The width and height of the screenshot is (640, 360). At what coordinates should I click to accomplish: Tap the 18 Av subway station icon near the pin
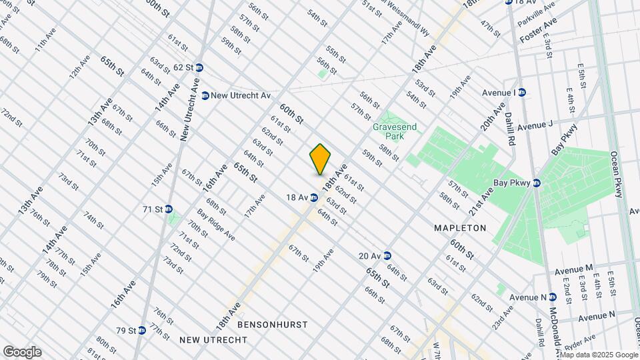[x=313, y=197]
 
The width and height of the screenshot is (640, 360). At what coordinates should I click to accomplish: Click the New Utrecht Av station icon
[x=205, y=96]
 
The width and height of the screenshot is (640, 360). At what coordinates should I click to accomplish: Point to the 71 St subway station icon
[x=169, y=209]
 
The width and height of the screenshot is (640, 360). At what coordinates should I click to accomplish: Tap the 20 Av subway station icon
[x=387, y=256]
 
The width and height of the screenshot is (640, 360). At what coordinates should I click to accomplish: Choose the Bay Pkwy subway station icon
[x=537, y=182]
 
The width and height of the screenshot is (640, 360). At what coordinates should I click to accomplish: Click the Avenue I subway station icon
[x=522, y=93]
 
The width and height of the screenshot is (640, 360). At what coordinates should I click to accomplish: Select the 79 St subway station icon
[x=141, y=331]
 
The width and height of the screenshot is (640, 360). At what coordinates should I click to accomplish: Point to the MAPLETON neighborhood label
[x=460, y=228]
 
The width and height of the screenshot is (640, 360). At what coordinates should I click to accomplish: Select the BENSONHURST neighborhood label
[x=273, y=325]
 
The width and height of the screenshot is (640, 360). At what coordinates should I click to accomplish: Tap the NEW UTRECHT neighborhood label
[x=213, y=340]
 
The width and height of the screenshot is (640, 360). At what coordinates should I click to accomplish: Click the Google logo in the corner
[x=22, y=351]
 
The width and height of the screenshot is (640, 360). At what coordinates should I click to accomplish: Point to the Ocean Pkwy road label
[x=618, y=174]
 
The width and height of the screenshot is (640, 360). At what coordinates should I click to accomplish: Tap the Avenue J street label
[x=535, y=125]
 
